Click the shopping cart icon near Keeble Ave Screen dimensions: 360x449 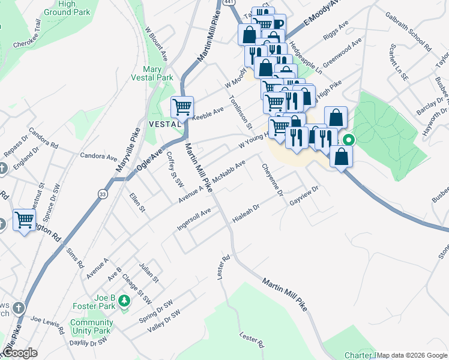point(182,107)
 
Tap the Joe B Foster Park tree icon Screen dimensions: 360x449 point(125,301)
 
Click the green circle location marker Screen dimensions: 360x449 point(348,141)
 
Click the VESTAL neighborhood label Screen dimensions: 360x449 point(164,124)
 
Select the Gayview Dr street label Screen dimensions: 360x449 point(304,196)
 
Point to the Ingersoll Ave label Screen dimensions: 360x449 point(194,220)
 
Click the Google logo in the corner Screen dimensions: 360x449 point(20,353)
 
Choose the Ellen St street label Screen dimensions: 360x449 point(137,202)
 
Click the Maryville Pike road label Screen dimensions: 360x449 point(127,155)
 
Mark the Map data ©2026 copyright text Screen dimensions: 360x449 point(412,355)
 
